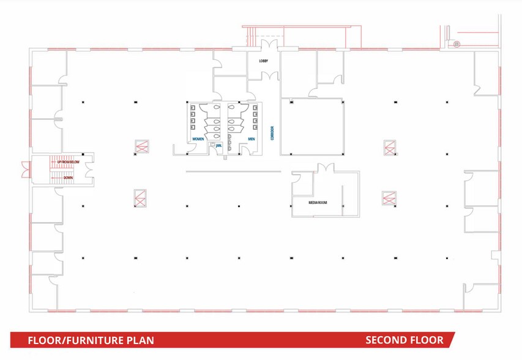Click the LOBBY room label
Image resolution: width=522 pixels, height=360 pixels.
click(x=264, y=61)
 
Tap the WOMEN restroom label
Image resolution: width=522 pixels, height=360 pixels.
click(x=198, y=140)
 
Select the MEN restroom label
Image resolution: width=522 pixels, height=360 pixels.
click(x=252, y=140)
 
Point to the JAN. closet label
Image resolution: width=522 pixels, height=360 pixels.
click(x=218, y=146)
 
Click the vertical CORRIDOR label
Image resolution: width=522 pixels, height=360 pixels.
click(x=272, y=133)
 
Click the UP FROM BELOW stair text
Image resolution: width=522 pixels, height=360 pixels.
click(x=69, y=162)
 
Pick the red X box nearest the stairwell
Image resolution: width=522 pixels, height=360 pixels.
click(x=141, y=147)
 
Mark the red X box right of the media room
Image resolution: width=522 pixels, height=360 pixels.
click(x=388, y=198)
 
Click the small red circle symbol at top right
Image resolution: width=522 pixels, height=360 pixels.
click(x=456, y=43)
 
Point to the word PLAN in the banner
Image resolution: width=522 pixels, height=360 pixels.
click(x=140, y=340)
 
